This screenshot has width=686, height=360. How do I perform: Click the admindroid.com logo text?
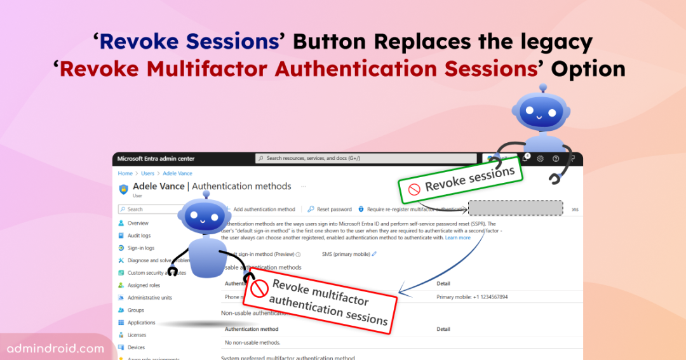(x=56, y=349)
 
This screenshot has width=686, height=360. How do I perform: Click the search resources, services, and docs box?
(x=365, y=158)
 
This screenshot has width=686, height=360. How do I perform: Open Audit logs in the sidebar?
(x=138, y=236)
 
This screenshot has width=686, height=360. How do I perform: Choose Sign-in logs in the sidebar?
(x=140, y=248)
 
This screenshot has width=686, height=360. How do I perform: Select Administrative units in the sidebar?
(x=149, y=298)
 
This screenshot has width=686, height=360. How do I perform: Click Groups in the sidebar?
(x=135, y=310)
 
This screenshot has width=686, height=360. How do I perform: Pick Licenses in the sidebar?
(x=137, y=335)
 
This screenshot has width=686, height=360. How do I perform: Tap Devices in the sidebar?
(x=136, y=347)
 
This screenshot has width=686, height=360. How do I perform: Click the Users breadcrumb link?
(x=147, y=173)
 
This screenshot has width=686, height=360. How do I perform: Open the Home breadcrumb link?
(x=125, y=173)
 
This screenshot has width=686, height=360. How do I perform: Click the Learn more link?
(x=457, y=237)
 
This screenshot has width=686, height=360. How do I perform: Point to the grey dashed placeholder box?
(x=515, y=208)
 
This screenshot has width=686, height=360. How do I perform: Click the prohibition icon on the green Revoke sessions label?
(x=414, y=189)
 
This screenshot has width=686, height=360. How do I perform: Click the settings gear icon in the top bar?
(x=541, y=159)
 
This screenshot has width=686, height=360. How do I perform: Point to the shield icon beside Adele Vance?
(x=123, y=189)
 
